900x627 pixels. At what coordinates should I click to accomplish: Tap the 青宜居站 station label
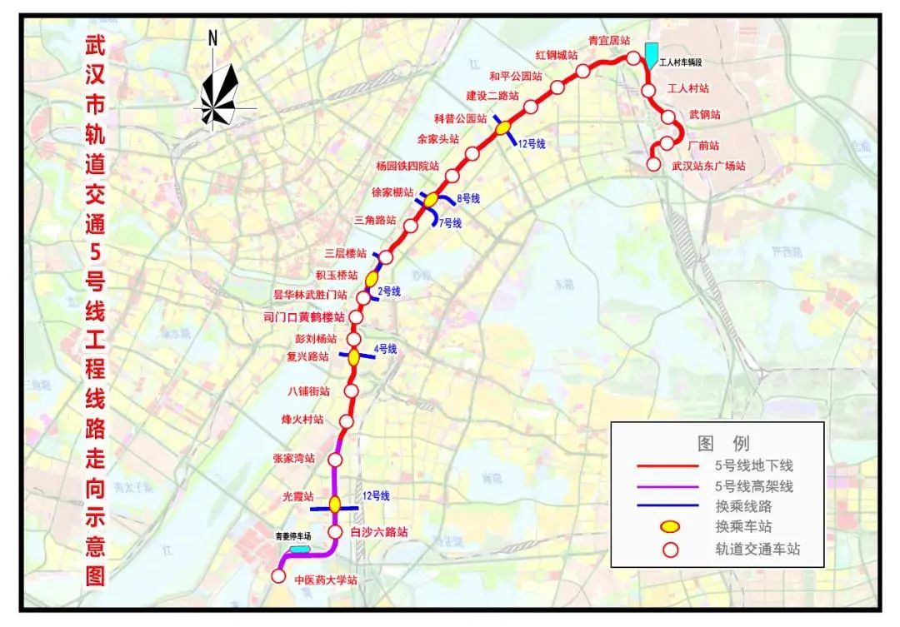point(608,40)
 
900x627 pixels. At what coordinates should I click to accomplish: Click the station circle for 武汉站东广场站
point(654,165)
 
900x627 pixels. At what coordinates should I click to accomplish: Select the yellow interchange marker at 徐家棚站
point(430,200)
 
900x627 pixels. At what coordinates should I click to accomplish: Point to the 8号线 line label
point(468,198)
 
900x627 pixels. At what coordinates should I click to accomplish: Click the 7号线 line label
point(451,223)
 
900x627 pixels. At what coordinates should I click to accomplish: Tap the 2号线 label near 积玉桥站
point(389,291)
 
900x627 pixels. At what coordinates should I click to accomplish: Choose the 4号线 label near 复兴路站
point(385,348)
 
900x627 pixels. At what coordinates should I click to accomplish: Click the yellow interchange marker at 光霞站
point(335,504)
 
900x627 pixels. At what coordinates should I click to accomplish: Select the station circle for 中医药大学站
point(278,575)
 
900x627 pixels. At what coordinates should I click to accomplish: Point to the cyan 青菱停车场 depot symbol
point(299,550)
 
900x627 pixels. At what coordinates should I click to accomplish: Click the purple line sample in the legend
point(666,486)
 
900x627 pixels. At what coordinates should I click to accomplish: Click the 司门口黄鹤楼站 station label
point(303,316)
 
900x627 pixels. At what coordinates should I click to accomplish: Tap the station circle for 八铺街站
point(351,390)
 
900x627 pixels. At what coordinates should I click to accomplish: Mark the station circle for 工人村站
point(648,90)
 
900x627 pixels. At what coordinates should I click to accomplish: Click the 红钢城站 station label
point(557,55)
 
